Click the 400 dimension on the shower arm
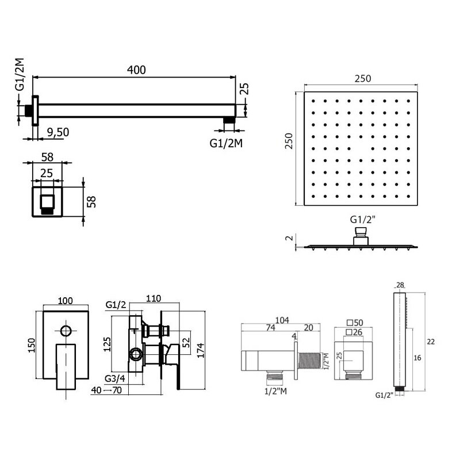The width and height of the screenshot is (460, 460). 136,70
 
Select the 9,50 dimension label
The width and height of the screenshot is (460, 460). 58,132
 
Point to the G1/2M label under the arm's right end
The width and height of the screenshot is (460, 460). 226,143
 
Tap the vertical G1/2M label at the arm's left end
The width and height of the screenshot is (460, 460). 20,75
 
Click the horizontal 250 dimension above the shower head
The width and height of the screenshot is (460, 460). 363,79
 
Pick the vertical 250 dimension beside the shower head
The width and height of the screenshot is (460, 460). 289,141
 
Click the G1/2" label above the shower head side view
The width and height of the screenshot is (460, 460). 363,220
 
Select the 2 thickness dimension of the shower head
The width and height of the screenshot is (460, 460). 290,238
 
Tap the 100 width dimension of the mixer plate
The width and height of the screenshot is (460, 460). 65,301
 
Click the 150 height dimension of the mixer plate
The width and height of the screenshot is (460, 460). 32,346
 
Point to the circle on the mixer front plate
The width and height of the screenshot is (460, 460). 66,331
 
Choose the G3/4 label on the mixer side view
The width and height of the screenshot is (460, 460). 115,378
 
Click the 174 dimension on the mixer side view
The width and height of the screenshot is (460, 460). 200,350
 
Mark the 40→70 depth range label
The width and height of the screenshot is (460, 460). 106,390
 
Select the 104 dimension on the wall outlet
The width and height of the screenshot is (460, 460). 282,320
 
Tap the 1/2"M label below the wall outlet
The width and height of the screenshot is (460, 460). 275,391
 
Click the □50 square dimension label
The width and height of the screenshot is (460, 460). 355,323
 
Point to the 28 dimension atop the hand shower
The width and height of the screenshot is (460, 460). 400,285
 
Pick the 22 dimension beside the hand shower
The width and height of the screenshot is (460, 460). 431,342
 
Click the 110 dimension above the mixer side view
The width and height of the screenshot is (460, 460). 154,298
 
